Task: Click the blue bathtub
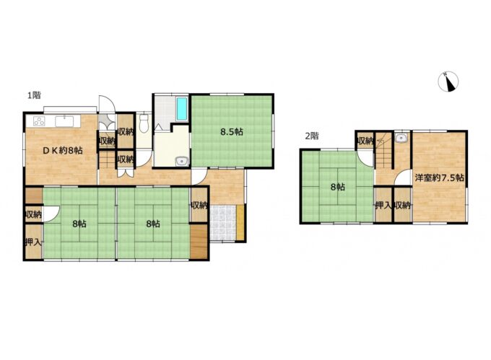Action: pos(182,108)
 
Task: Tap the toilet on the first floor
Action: pos(144,123)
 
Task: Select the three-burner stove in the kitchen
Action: pos(40,120)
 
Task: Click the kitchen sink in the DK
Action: pos(65,120)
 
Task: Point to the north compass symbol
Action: pos(448,82)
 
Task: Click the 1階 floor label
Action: pos(34,95)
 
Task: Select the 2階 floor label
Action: pos(312,136)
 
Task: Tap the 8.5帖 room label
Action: pos(232,132)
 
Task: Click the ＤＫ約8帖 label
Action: pos(63,151)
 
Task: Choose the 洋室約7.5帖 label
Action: pos(439,177)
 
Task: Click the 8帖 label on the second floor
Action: pos(338,187)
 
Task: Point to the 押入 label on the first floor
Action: pos(33,242)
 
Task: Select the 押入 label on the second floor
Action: pos(383,206)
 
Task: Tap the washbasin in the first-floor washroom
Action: pos(182,161)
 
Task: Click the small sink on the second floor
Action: pos(401,138)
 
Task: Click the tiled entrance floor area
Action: pos(222,223)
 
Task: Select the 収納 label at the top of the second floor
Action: pos(365,141)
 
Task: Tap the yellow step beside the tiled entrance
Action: pos(240,223)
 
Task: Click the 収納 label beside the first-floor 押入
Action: pos(33,214)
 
